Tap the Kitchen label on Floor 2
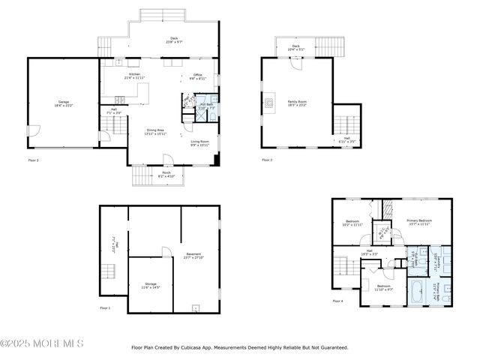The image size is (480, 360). pos(134,76)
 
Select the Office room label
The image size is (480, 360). pos(198,76)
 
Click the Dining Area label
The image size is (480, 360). pos(155,131)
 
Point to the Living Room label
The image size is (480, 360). pos(199,142)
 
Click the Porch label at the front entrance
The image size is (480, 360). pos(166,174)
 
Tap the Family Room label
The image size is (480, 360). pos(297,103)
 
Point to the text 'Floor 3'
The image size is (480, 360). pos(267,160)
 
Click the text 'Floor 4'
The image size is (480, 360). pos(338,301)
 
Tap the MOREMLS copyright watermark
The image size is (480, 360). pos(42,343)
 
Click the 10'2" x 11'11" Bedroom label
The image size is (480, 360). pos(353,223)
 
